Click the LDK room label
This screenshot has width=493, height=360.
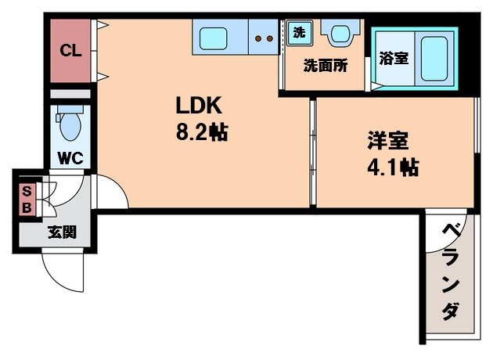click(x=199, y=106)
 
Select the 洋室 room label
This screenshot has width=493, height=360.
click(x=389, y=141)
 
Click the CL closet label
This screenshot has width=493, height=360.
click(x=70, y=52)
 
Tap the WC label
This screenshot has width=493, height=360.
click(x=71, y=157)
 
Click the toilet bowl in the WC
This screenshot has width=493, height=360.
click(x=70, y=124)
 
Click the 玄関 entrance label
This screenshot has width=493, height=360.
click(x=62, y=232)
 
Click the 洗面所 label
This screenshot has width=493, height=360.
click(x=326, y=66)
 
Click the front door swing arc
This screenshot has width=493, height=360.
click(x=59, y=270)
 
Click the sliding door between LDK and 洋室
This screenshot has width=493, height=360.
click(x=313, y=153)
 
